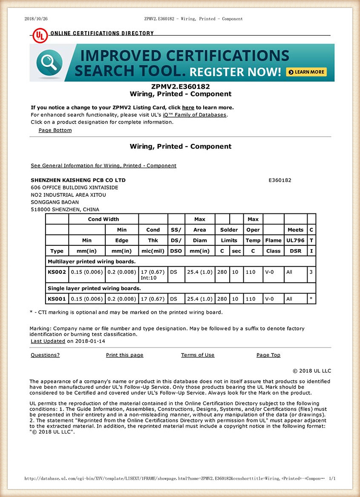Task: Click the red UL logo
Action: [x=40, y=34]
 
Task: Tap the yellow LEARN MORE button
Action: [x=306, y=72]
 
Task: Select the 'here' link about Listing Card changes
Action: [x=188, y=107]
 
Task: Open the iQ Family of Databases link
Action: [x=195, y=115]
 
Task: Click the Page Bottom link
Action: [x=55, y=130]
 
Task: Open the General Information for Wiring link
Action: [x=104, y=165]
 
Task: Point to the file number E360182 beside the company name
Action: [x=279, y=180]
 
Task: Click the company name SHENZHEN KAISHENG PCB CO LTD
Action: [x=78, y=180]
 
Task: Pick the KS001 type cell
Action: [x=57, y=299]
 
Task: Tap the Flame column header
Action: [x=273, y=240]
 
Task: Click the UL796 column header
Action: [x=295, y=240]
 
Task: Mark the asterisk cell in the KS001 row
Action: [x=311, y=299]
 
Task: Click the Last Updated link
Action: [x=48, y=341]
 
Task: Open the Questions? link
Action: [x=45, y=355]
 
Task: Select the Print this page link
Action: [x=124, y=355]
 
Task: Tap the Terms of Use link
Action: [x=198, y=355]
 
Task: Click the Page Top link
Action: [x=268, y=355]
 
